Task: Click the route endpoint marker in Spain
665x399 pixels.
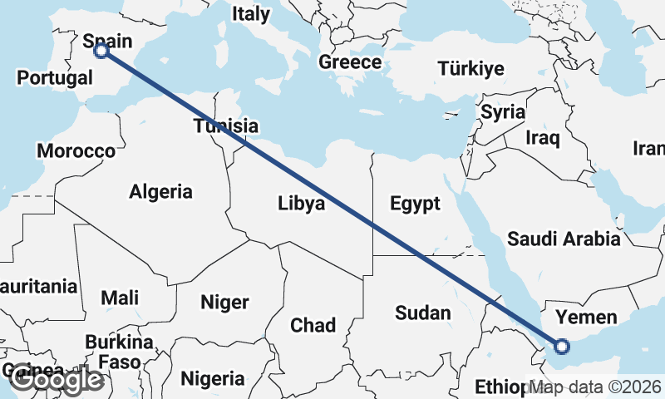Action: coord(101,51)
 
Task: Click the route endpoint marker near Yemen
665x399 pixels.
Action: coord(562,346)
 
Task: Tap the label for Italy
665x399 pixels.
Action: coord(251,14)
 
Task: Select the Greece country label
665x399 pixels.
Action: coord(350,62)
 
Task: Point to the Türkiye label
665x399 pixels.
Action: coord(471,68)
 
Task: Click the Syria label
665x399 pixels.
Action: coord(503,111)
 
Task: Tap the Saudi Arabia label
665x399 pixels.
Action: coord(564,239)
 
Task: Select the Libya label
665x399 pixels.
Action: coord(301,204)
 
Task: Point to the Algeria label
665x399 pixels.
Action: coord(160,192)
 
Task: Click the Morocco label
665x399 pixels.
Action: coord(76,151)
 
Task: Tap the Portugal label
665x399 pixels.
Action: coord(55,78)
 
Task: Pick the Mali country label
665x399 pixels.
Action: coord(120,298)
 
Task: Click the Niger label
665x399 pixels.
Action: coord(224,303)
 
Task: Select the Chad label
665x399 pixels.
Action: coord(313,325)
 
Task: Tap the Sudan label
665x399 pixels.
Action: coord(423,313)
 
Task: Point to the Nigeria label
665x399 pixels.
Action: coord(213,379)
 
